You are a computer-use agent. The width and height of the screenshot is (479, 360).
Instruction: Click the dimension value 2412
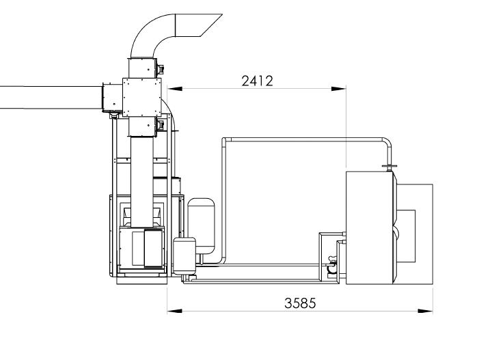257,81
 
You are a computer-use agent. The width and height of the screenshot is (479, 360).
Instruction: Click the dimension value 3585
300,303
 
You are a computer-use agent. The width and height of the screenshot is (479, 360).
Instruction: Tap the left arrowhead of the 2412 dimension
175,89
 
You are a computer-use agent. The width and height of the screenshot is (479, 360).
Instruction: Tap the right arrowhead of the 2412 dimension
339,89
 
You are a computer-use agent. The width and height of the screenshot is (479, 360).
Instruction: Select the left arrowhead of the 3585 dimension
175,311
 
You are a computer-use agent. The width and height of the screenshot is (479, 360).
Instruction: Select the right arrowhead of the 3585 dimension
426,311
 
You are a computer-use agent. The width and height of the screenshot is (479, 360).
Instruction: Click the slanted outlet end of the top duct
199,25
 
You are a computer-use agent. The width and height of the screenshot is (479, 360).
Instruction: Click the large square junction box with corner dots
141,98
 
